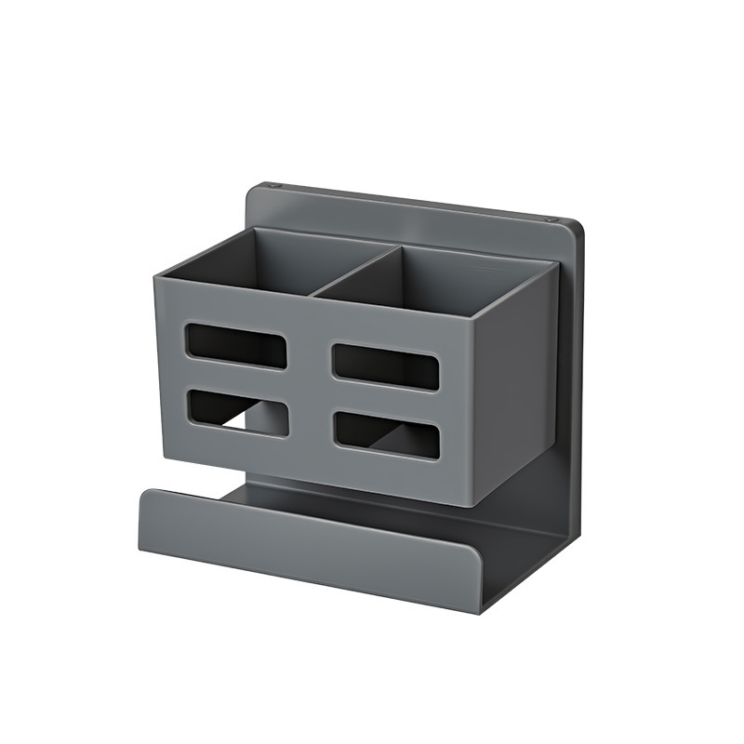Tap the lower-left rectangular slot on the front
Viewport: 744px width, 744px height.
(x=236, y=411)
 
